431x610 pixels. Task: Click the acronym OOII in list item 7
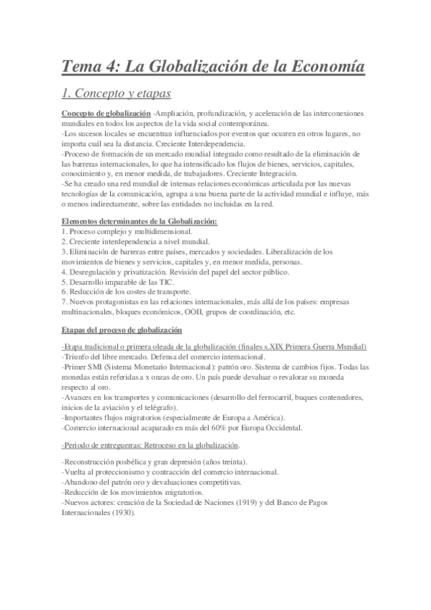[x=218, y=312]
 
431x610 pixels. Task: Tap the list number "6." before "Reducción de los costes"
[x=65, y=293]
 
